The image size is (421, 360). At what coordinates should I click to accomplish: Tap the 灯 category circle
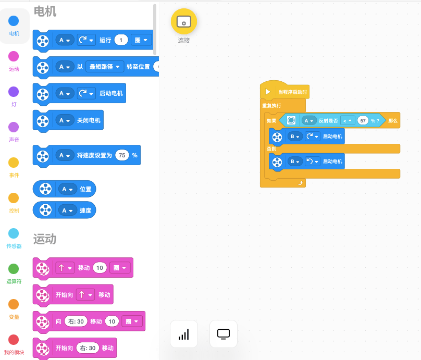click(x=14, y=92)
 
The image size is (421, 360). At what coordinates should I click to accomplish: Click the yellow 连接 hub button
click(x=184, y=21)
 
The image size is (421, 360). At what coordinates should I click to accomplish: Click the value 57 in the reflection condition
click(x=363, y=120)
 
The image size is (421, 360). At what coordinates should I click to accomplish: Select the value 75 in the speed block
click(x=122, y=155)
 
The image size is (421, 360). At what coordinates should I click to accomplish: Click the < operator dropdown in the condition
click(x=348, y=120)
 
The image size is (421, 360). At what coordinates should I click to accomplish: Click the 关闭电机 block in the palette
click(x=89, y=120)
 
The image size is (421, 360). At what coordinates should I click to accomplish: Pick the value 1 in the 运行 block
click(x=121, y=40)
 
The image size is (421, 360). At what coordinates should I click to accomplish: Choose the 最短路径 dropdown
click(x=105, y=67)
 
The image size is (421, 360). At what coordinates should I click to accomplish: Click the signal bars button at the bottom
click(x=184, y=334)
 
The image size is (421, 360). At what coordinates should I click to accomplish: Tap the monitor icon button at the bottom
click(x=224, y=334)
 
